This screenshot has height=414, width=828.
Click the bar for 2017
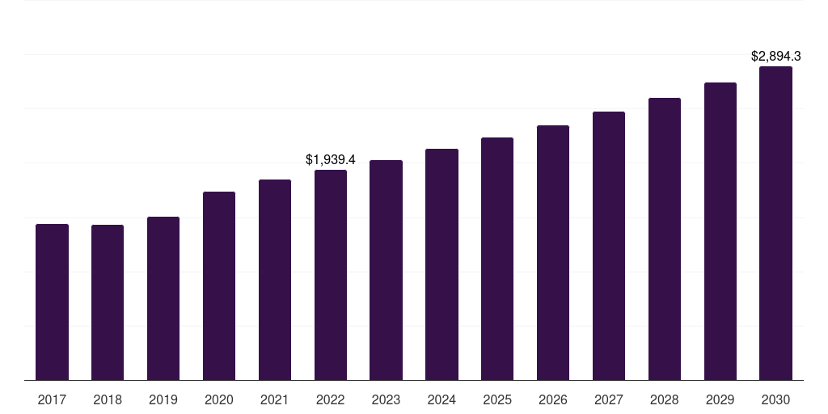tap(52, 302)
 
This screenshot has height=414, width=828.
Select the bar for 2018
tap(108, 302)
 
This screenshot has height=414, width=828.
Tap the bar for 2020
tap(219, 285)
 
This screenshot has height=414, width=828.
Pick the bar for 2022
tap(331, 275)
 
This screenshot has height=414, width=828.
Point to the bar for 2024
tap(441, 264)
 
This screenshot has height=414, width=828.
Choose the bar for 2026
tap(553, 252)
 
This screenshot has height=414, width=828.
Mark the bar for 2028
tap(665, 239)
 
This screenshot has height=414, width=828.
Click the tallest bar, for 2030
tap(775, 223)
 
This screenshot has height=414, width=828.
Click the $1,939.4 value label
tap(331, 160)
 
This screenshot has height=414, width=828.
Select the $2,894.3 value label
tap(775, 57)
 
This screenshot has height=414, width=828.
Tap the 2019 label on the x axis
tap(163, 400)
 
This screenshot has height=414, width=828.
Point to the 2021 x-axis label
tap(275, 400)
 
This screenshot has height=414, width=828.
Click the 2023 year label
tap(386, 400)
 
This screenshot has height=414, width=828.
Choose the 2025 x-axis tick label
tap(497, 400)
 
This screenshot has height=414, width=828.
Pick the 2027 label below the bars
tap(609, 400)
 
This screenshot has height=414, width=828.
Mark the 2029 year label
tap(720, 400)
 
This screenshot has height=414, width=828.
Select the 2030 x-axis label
tap(775, 400)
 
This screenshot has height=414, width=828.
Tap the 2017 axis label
tap(52, 400)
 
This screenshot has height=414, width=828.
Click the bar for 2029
tap(720, 231)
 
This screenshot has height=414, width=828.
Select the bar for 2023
tap(386, 270)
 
